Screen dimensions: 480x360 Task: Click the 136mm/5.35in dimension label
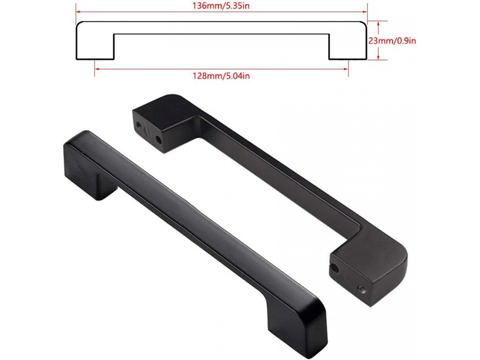[x=221, y=5]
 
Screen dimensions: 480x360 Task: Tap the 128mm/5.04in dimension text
[x=221, y=76]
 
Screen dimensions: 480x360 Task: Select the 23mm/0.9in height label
[x=392, y=41]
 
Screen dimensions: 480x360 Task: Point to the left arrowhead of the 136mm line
[x=79, y=12]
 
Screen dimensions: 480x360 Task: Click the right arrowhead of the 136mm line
[x=365, y=12]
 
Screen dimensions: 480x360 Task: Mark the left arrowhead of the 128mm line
[x=97, y=69]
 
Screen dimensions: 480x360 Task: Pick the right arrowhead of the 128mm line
[x=346, y=69]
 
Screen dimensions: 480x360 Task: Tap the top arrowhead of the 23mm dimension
[x=379, y=24]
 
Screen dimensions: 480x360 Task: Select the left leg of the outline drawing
[x=95, y=47]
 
